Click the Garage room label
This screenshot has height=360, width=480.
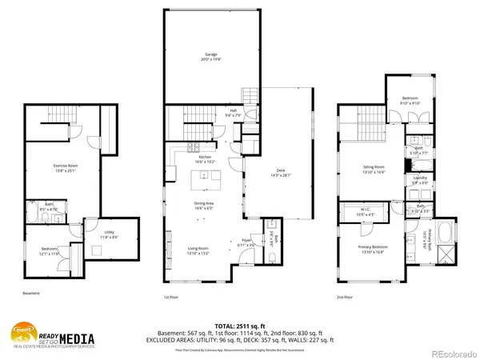click(x=211, y=56)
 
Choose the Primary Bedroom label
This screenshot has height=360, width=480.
click(x=374, y=249)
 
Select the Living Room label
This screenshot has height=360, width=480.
click(x=198, y=250)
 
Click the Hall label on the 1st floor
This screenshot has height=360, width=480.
click(x=233, y=113)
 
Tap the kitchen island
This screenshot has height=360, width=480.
click(x=205, y=177)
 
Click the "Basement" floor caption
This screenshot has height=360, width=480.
click(x=31, y=294)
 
